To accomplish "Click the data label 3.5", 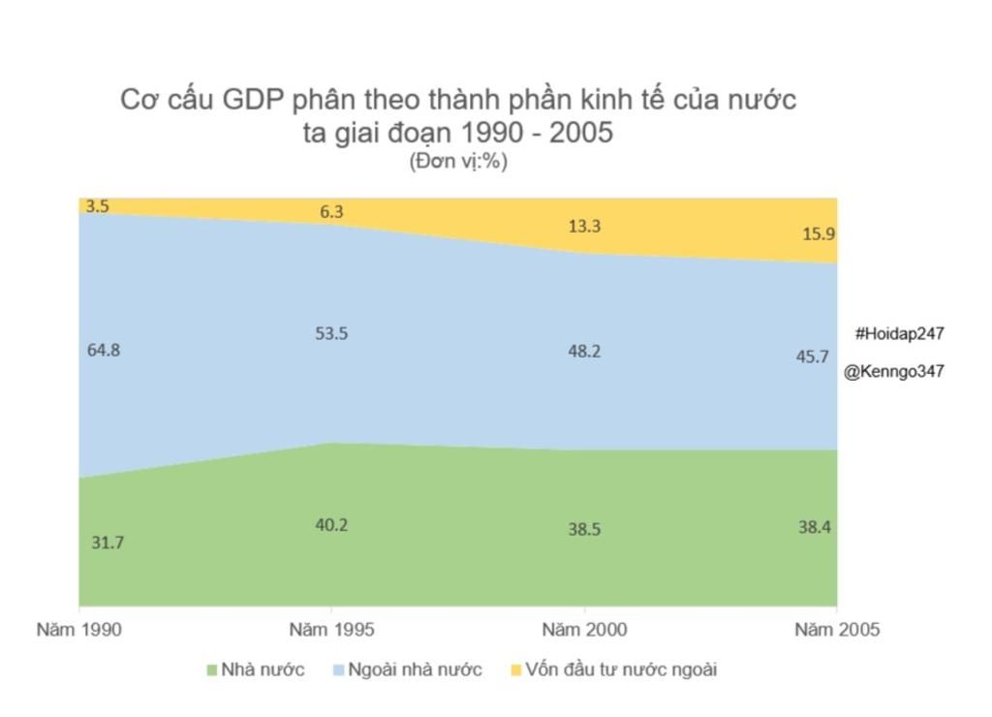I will pyautogui.click(x=97, y=206).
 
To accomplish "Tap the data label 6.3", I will pyautogui.click(x=331, y=212).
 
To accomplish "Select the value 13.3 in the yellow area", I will pyautogui.click(x=584, y=226).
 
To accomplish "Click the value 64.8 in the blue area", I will pyautogui.click(x=104, y=350).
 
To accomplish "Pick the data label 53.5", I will pyautogui.click(x=331, y=333).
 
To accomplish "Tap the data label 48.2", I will pyautogui.click(x=584, y=351).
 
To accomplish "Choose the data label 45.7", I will pyautogui.click(x=812, y=357).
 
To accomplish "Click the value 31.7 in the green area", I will pyautogui.click(x=108, y=543).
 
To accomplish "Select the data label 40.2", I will pyautogui.click(x=331, y=525).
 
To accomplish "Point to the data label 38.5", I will pyautogui.click(x=584, y=530).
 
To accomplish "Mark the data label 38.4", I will pyautogui.click(x=814, y=527).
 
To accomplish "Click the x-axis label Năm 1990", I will pyautogui.click(x=79, y=630).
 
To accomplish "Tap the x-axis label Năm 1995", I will pyautogui.click(x=331, y=630).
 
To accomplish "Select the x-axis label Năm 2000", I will pyautogui.click(x=584, y=630).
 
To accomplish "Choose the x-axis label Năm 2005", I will pyautogui.click(x=837, y=630).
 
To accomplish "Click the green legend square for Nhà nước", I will pyautogui.click(x=213, y=670).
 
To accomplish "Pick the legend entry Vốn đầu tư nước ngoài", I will pyautogui.click(x=621, y=670).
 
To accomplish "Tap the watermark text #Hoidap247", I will pyautogui.click(x=900, y=333).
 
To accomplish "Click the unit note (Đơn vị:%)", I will pyautogui.click(x=458, y=161).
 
